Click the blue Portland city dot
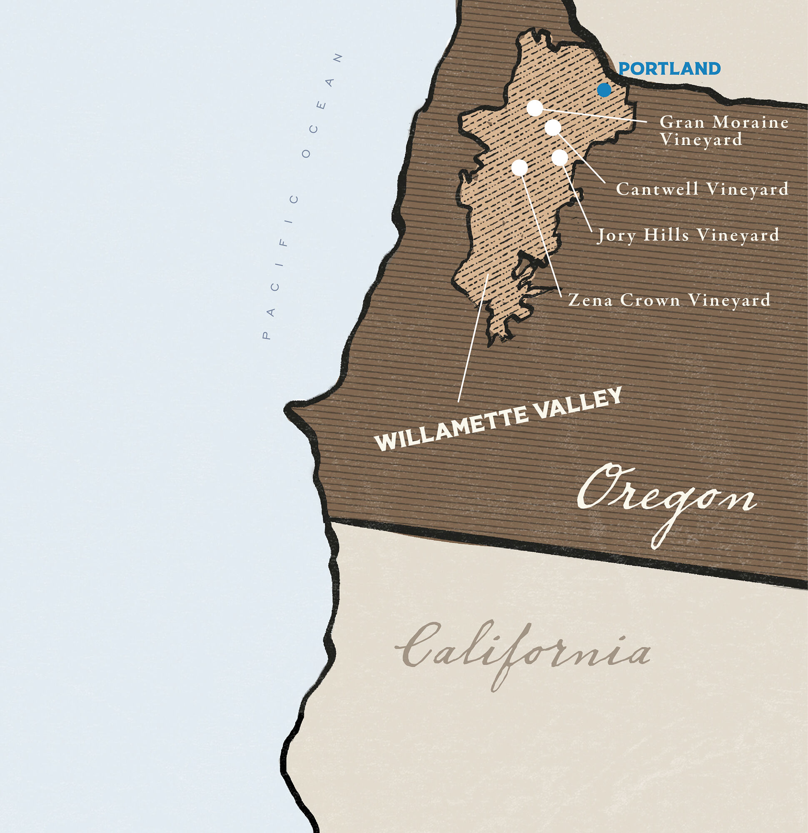[604, 90]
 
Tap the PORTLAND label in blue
[669, 68]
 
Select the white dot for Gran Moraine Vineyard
[534, 108]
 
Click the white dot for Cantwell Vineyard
[553, 127]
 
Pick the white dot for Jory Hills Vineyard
[559, 157]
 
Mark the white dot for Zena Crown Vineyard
[519, 167]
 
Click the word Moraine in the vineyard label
[751, 122]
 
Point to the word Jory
[617, 235]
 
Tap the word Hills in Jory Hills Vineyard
[666, 235]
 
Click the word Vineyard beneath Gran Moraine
[701, 140]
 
